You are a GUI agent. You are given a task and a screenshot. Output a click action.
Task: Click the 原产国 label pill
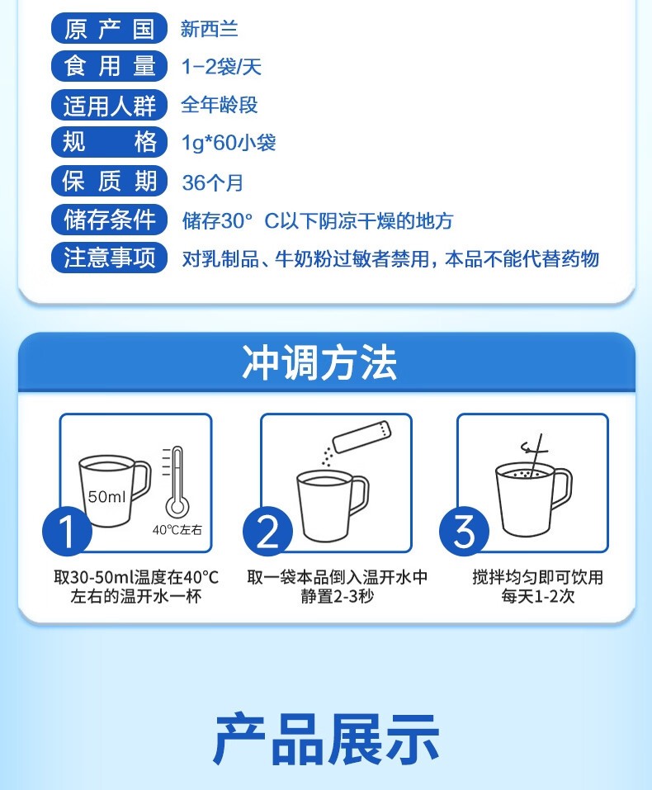point(109,28)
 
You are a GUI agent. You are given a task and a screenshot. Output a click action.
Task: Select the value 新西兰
point(209,29)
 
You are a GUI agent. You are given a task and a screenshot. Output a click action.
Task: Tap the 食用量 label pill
point(109,66)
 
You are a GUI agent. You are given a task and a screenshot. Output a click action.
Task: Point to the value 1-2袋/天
point(221,67)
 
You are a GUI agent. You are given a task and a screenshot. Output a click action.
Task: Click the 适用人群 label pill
point(109,105)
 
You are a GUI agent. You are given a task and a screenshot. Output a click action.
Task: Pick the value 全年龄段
point(220,105)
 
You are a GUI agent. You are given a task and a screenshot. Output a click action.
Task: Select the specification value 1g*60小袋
point(229,143)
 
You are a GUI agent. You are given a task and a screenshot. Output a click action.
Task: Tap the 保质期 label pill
point(109,181)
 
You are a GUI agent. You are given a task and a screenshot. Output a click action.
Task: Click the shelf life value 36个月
point(213,182)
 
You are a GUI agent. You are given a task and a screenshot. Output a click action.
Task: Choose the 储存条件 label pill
point(109,219)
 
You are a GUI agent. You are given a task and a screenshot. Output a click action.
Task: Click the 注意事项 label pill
point(109,258)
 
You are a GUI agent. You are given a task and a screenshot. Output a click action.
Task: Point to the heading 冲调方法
point(319,362)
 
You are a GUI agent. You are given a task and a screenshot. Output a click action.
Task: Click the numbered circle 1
point(67,531)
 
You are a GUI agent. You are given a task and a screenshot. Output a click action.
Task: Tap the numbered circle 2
point(267,531)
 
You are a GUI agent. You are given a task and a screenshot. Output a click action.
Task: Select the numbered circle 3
point(464,531)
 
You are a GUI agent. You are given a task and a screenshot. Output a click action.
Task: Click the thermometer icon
point(176,481)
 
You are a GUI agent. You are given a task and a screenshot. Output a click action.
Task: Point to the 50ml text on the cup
point(106,497)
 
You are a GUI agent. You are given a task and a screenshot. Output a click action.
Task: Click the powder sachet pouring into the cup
point(361,437)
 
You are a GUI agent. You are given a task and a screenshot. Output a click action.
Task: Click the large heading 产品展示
point(326,739)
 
